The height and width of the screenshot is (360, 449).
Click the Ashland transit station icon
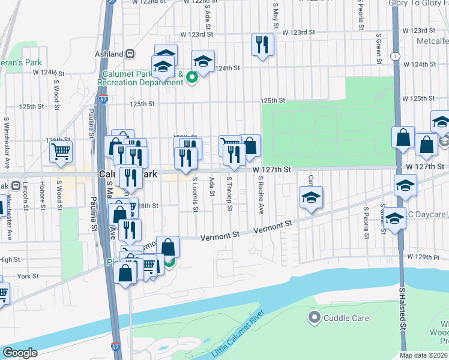click(129, 53)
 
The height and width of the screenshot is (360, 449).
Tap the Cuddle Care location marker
click(313, 317)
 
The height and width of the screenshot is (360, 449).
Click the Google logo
click(20, 352)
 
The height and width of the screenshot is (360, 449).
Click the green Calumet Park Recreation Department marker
click(192, 77)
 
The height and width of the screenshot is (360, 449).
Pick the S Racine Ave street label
click(261, 196)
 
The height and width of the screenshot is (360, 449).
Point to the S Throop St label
click(229, 193)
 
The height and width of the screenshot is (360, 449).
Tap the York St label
click(28, 277)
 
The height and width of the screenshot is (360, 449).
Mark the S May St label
click(276, 16)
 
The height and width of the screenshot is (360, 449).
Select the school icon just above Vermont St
click(311, 197)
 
